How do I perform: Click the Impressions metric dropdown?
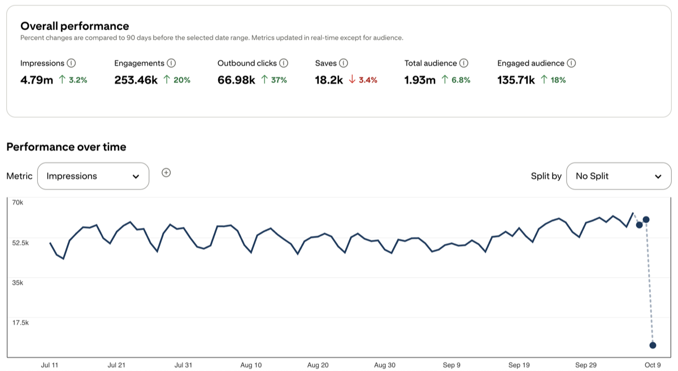click(x=93, y=176)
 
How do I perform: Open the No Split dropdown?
click(x=618, y=176)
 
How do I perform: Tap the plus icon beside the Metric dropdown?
click(x=166, y=173)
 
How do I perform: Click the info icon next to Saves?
click(x=344, y=63)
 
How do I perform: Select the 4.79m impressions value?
click(x=37, y=80)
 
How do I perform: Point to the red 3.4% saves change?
click(x=363, y=80)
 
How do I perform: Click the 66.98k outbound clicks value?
click(x=236, y=80)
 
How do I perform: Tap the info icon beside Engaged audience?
click(x=571, y=63)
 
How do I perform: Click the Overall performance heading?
click(x=75, y=26)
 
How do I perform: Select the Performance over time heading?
click(x=66, y=147)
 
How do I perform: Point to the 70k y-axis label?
click(x=17, y=202)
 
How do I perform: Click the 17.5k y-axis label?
click(x=21, y=323)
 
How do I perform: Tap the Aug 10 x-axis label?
click(x=251, y=365)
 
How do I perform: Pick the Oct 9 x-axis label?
click(x=653, y=365)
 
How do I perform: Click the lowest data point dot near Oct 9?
click(x=653, y=345)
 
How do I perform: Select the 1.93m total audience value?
click(x=420, y=80)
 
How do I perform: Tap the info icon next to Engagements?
click(x=171, y=63)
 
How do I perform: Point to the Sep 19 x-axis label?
click(x=519, y=365)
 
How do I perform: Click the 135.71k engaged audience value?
click(x=516, y=80)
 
